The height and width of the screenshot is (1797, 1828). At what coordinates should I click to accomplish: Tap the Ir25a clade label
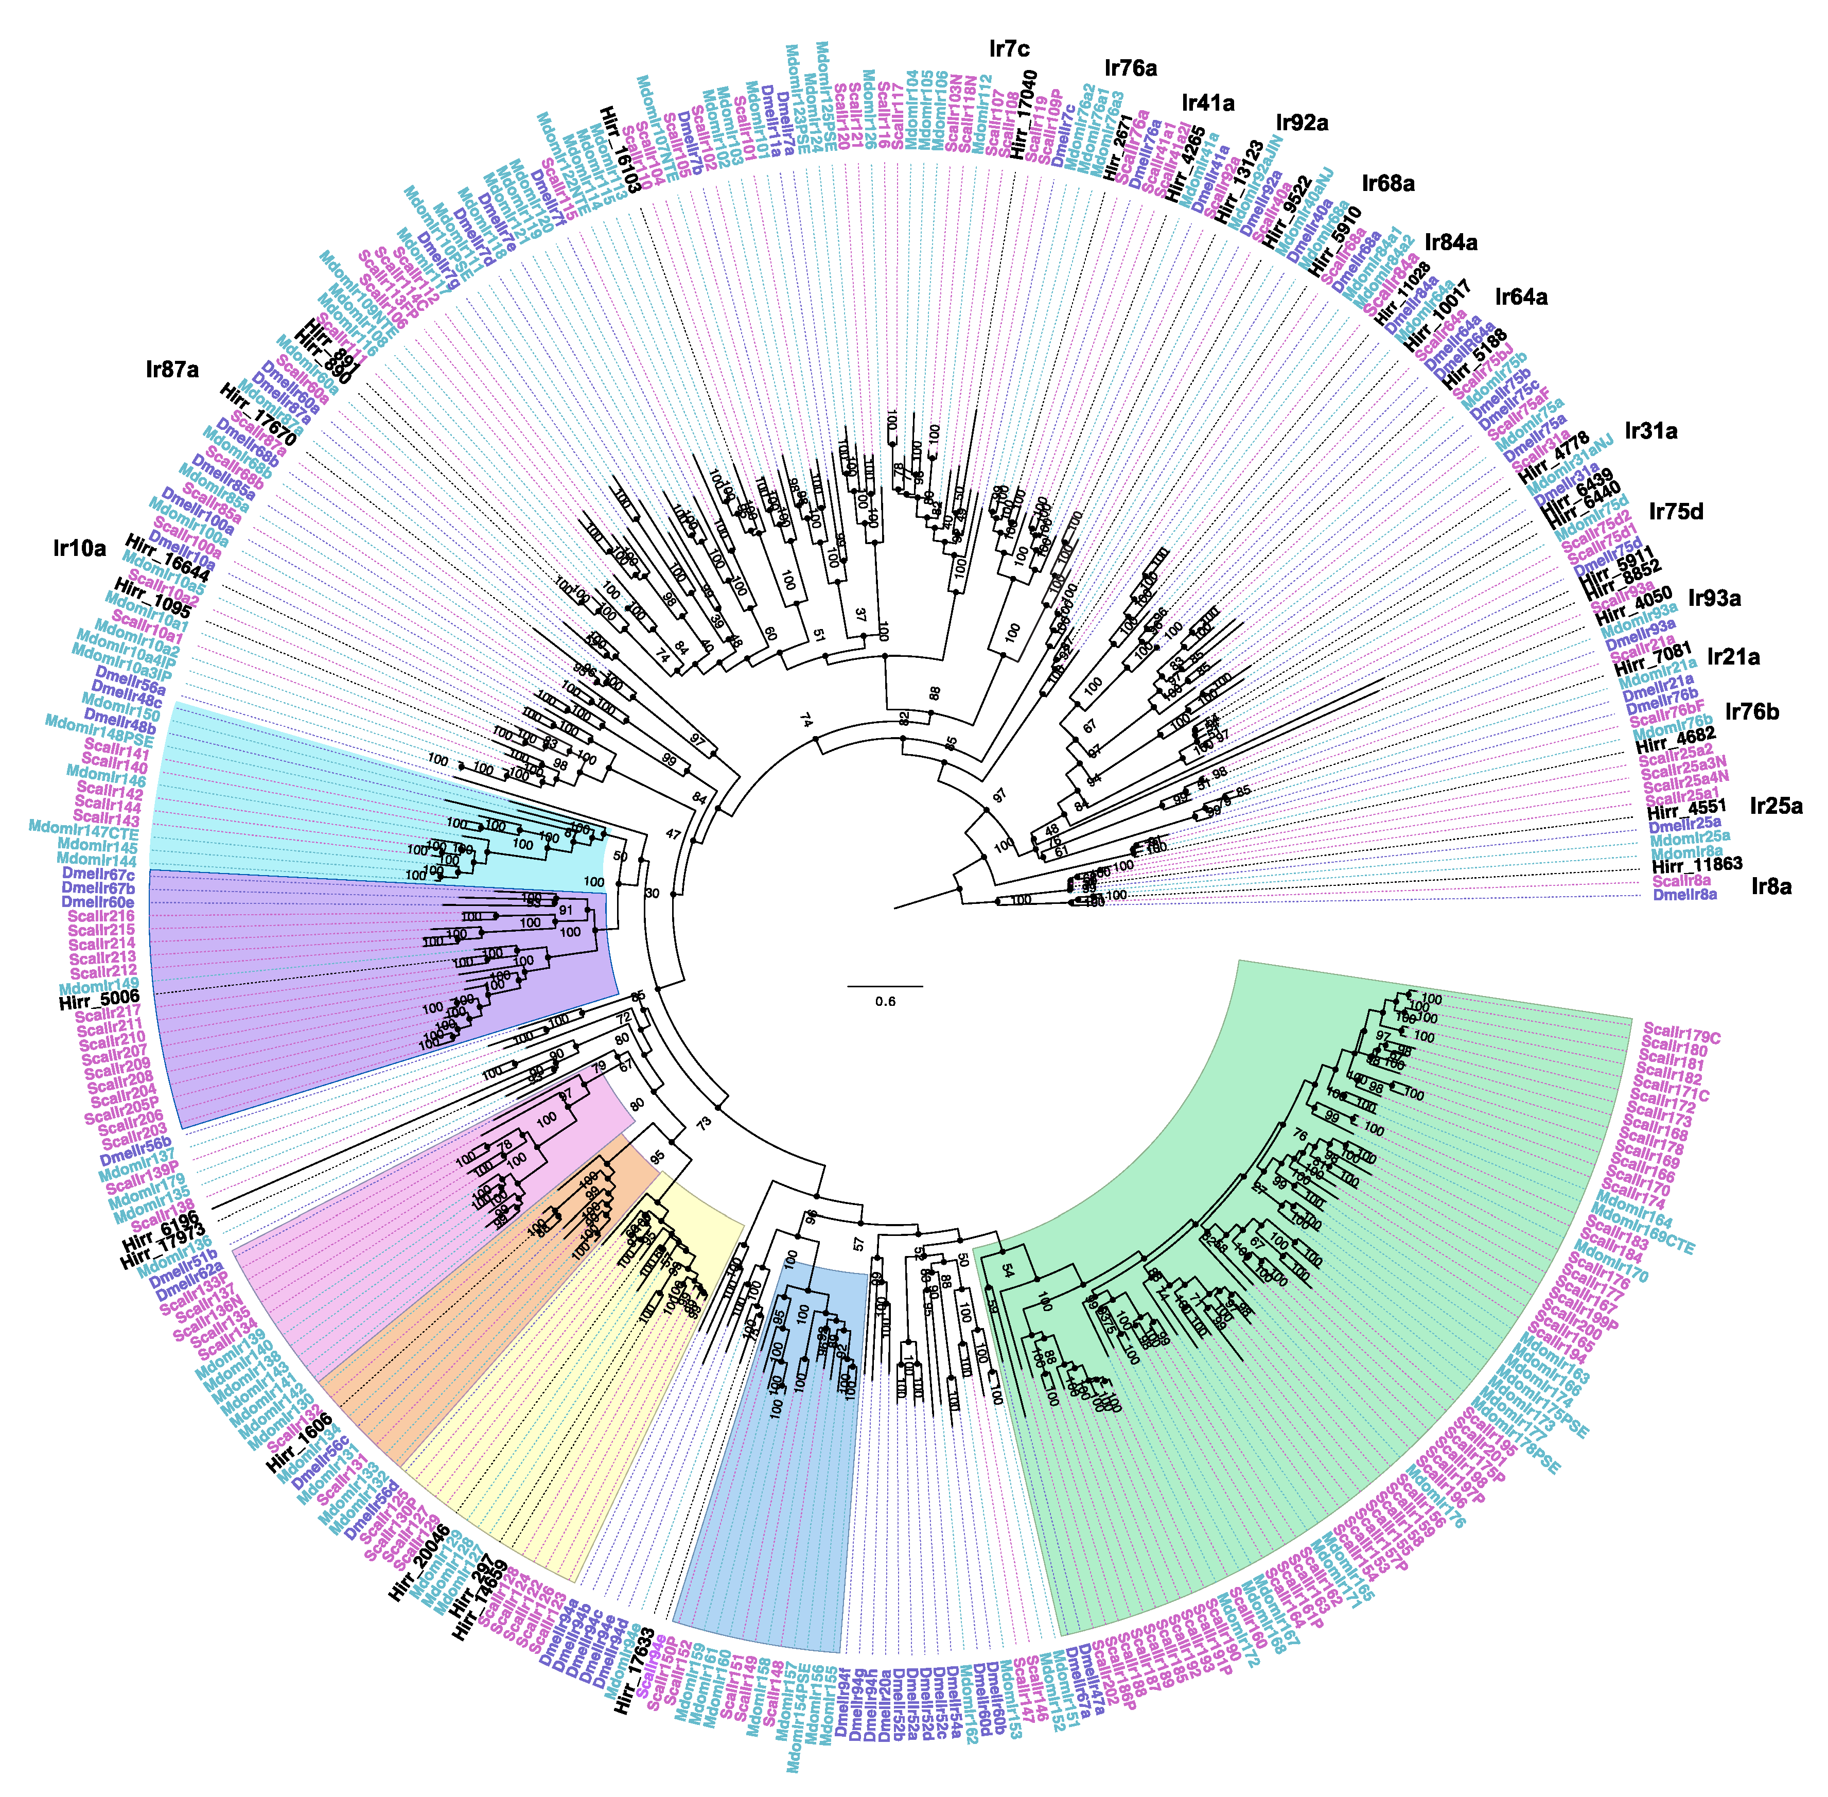click(x=1776, y=806)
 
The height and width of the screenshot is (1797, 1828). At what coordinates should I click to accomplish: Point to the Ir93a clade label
click(x=1714, y=598)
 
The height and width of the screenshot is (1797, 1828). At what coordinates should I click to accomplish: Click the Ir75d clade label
click(x=1676, y=513)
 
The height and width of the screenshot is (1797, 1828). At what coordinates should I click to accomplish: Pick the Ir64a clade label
click(x=1521, y=298)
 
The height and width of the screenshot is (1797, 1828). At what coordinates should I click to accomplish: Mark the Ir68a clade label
click(x=1388, y=183)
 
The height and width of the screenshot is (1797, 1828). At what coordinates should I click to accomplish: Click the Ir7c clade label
click(x=1009, y=48)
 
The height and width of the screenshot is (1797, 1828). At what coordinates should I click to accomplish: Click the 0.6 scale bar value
click(x=884, y=1001)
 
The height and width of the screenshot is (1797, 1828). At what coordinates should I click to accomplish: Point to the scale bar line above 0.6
click(x=884, y=986)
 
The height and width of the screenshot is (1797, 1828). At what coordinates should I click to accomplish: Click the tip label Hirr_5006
click(x=99, y=999)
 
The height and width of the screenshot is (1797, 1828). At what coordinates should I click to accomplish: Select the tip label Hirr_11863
click(x=1696, y=864)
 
